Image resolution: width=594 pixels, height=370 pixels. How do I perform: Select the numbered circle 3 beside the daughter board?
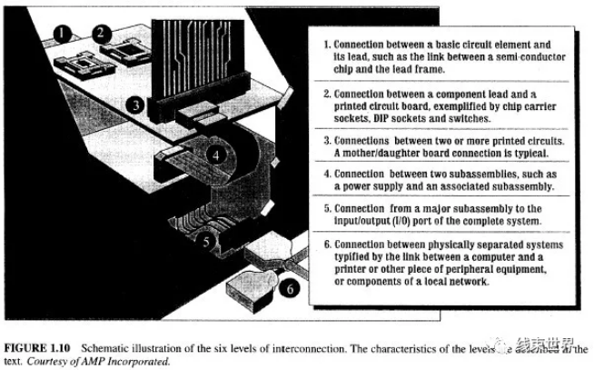click(133, 105)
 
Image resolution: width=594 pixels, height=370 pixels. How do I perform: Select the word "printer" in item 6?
click(356, 269)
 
